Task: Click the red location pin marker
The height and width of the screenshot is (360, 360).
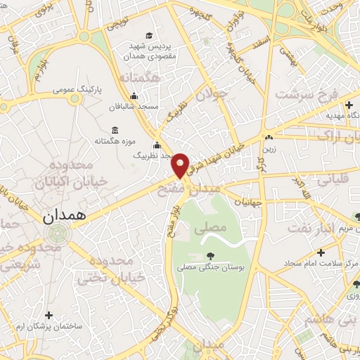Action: pos(181,165)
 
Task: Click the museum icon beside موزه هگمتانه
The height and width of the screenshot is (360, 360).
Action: pos(115,130)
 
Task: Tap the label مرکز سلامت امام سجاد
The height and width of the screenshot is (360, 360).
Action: pos(321,264)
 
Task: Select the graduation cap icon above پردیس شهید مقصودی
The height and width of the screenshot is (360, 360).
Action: pos(148,36)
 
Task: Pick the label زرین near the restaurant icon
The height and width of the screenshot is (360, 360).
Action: pos(269,148)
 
